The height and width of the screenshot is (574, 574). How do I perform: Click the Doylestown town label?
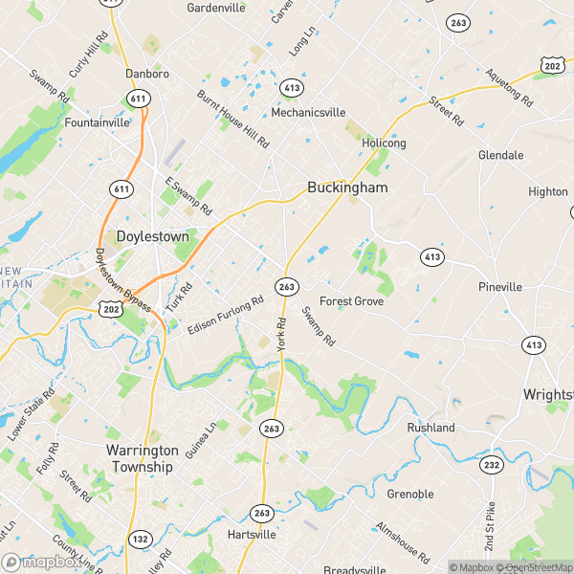point(151,235)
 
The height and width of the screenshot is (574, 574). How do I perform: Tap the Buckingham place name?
point(347,188)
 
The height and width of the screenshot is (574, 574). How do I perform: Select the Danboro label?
point(147,73)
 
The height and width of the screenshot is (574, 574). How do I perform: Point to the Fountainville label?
point(96,123)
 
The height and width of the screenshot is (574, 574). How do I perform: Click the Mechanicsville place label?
point(308,112)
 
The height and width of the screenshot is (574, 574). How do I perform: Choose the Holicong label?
point(384,143)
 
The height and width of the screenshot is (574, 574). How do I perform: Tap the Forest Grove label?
point(351,301)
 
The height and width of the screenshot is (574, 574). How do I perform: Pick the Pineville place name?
point(500,287)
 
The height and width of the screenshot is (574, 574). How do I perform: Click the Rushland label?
point(430,428)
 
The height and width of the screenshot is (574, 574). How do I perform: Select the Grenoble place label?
point(409,494)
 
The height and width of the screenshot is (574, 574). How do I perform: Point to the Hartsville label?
point(253,534)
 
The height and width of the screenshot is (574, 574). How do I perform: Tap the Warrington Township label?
point(140,458)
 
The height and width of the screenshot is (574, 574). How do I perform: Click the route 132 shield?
point(141,539)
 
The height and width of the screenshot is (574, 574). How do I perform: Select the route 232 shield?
point(491,465)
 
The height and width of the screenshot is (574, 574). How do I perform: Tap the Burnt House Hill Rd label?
point(233,119)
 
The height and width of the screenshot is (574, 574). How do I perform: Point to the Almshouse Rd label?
point(402,541)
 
